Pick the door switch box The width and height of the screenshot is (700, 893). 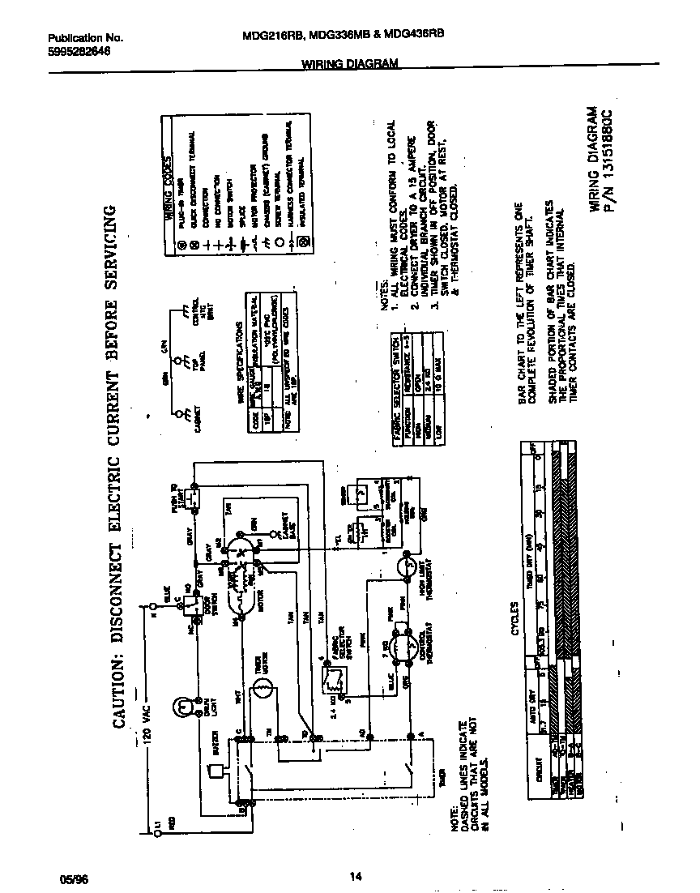(191, 605)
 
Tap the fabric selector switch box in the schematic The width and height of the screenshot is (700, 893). (330, 677)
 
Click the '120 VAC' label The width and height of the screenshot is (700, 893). (143, 714)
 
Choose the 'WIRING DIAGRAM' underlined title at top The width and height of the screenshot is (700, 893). (350, 64)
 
